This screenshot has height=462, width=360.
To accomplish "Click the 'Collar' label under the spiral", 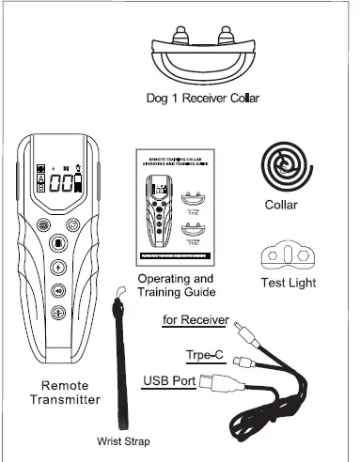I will (282, 204).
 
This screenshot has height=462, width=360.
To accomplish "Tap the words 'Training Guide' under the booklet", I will (176, 293).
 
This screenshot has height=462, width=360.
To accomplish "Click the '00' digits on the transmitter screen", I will (63, 183).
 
